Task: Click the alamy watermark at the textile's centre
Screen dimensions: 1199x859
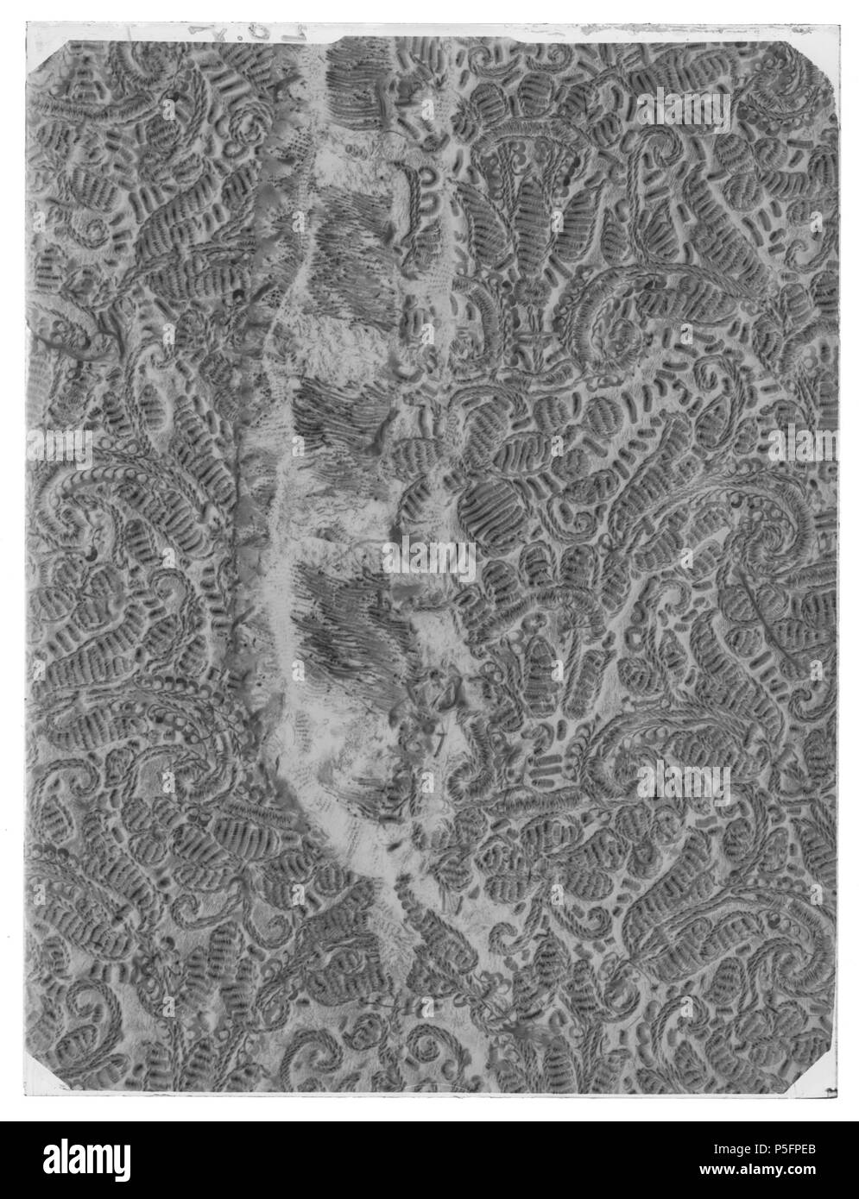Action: pos(429,562)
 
